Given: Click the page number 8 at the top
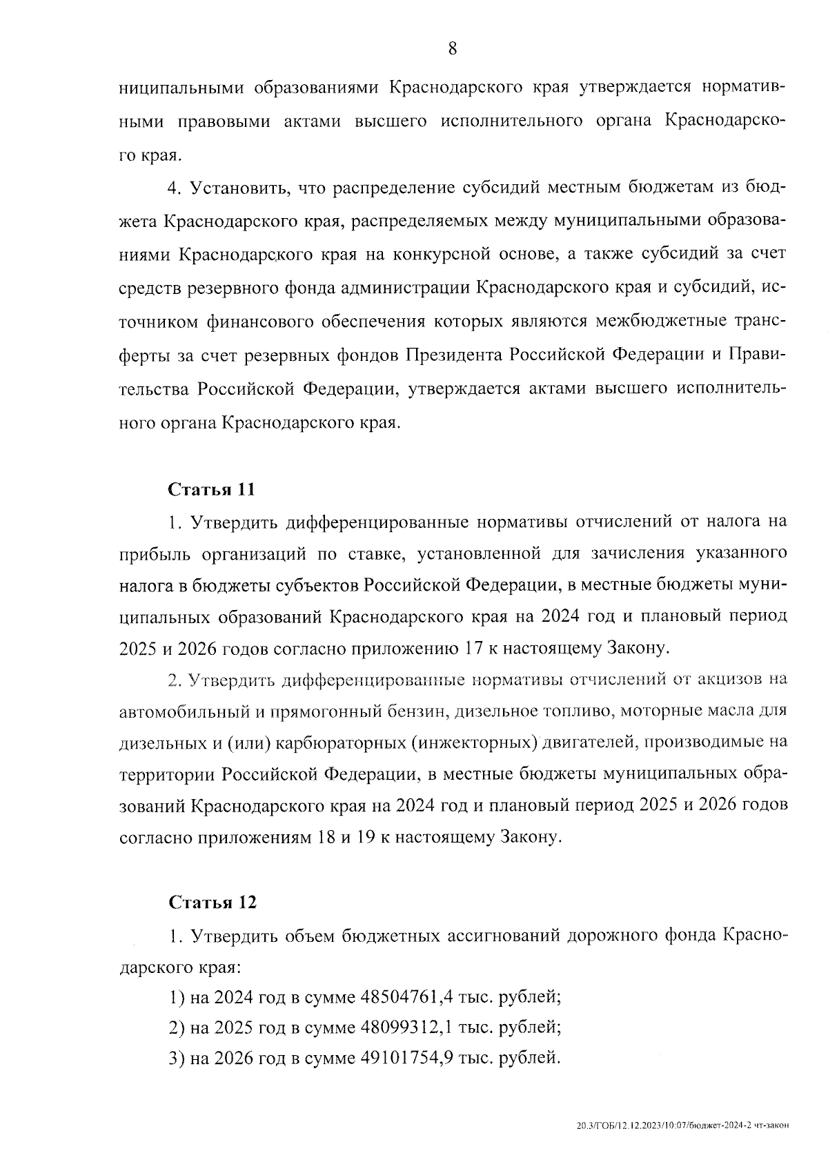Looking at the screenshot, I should (452, 48).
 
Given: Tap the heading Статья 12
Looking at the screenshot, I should (212, 902).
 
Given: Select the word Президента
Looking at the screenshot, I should (454, 355).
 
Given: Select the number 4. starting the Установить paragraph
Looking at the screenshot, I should (175, 188).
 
